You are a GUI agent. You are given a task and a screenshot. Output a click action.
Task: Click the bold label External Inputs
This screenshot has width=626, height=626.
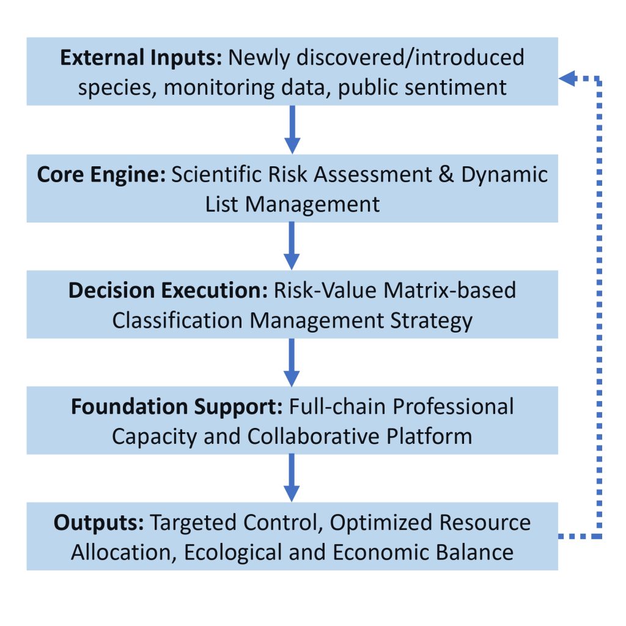[x=141, y=58]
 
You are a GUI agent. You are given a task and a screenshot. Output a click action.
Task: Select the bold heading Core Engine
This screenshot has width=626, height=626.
[x=101, y=175]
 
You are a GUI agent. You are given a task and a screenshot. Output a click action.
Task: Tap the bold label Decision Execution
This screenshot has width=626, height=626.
[x=168, y=290]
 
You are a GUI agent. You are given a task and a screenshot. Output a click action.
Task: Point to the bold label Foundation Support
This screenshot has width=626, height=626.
[x=177, y=407]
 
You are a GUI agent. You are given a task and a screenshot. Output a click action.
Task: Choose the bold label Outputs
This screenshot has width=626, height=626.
[x=98, y=523]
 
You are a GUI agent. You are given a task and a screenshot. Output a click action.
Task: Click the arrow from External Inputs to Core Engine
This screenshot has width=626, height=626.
[x=292, y=130]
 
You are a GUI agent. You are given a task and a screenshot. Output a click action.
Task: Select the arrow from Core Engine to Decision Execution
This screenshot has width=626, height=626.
[x=292, y=246]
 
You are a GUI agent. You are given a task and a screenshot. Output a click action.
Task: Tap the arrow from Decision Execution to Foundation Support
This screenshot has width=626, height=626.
[x=292, y=363]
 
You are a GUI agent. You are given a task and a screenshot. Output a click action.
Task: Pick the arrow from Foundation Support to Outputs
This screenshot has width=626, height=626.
[x=292, y=478]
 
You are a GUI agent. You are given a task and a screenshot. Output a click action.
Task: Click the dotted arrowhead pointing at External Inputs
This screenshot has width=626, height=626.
[x=568, y=78]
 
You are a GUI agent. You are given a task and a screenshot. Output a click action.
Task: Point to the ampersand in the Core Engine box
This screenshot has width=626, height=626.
[x=446, y=175]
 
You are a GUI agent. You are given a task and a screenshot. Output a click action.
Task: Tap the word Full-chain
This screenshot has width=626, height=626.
[x=337, y=407]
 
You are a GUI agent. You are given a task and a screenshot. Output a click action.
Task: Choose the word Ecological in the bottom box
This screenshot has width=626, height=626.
[x=233, y=553]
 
